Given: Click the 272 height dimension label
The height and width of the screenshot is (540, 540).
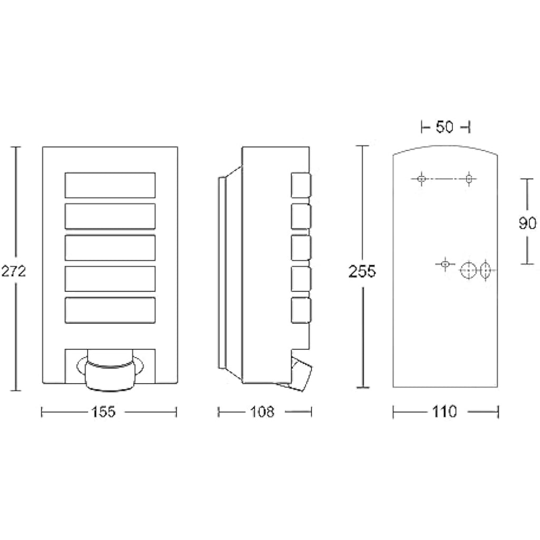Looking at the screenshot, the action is click(13, 272).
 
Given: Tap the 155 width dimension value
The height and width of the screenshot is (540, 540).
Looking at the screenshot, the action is click(103, 411).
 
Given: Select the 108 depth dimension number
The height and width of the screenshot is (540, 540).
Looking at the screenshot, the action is click(262, 411).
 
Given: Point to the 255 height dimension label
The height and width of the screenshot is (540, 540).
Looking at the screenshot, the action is click(362, 272).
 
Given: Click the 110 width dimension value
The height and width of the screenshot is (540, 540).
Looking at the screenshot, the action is click(444, 411).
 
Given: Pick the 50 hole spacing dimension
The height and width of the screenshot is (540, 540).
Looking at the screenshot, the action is click(445, 127).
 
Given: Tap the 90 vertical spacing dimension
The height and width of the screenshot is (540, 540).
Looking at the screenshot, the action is click(527, 223).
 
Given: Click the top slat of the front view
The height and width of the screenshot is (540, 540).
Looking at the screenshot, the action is click(110, 185).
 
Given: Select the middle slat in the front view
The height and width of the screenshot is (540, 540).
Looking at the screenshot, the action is click(110, 248).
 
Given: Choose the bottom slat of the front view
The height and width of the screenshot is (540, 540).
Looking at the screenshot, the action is click(110, 310).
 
